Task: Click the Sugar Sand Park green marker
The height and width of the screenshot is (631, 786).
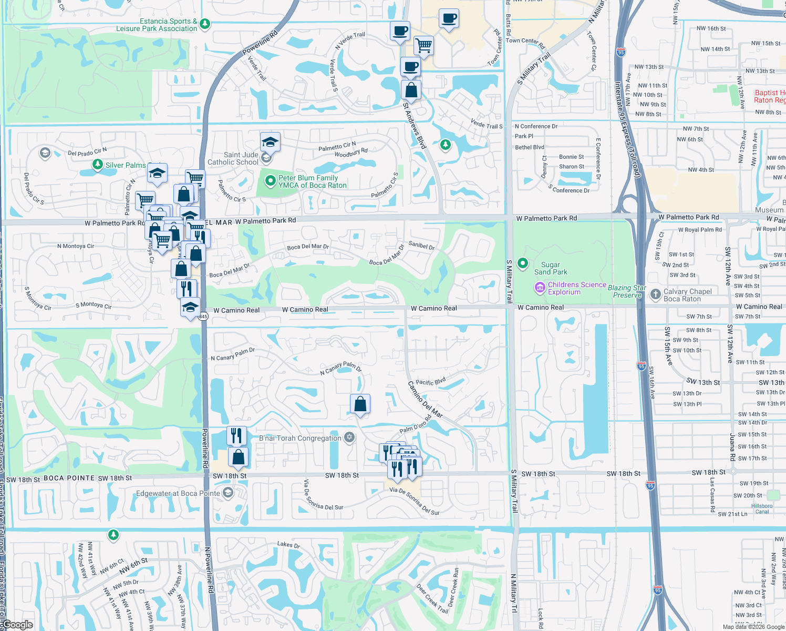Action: (x=523, y=263)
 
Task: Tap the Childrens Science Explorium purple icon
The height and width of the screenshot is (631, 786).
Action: (x=540, y=288)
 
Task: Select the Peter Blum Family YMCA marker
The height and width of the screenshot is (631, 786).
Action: (x=270, y=181)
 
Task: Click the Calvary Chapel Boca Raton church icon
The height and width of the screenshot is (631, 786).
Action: (x=655, y=294)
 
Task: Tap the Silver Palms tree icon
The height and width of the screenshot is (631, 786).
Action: (x=97, y=165)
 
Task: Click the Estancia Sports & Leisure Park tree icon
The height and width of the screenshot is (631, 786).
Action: (x=205, y=24)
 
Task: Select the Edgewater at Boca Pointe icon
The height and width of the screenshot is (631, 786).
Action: (x=227, y=493)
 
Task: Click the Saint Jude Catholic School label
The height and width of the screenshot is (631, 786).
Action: (x=233, y=158)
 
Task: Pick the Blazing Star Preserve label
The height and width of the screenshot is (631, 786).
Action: (x=627, y=291)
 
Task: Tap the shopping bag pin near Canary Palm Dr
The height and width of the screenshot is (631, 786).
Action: (x=360, y=404)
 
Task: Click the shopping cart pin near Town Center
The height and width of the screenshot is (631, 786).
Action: (x=423, y=45)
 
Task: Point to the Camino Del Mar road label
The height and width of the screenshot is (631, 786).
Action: (x=425, y=400)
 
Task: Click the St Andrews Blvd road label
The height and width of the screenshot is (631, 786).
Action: (x=414, y=125)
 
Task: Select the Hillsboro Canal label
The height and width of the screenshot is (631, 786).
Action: (x=762, y=508)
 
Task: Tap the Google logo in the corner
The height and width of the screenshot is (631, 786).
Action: (x=18, y=625)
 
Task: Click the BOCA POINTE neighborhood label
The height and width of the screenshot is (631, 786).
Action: (x=69, y=478)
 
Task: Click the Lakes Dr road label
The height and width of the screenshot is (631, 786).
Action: (x=288, y=545)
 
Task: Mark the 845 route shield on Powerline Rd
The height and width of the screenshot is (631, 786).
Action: (x=203, y=317)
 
